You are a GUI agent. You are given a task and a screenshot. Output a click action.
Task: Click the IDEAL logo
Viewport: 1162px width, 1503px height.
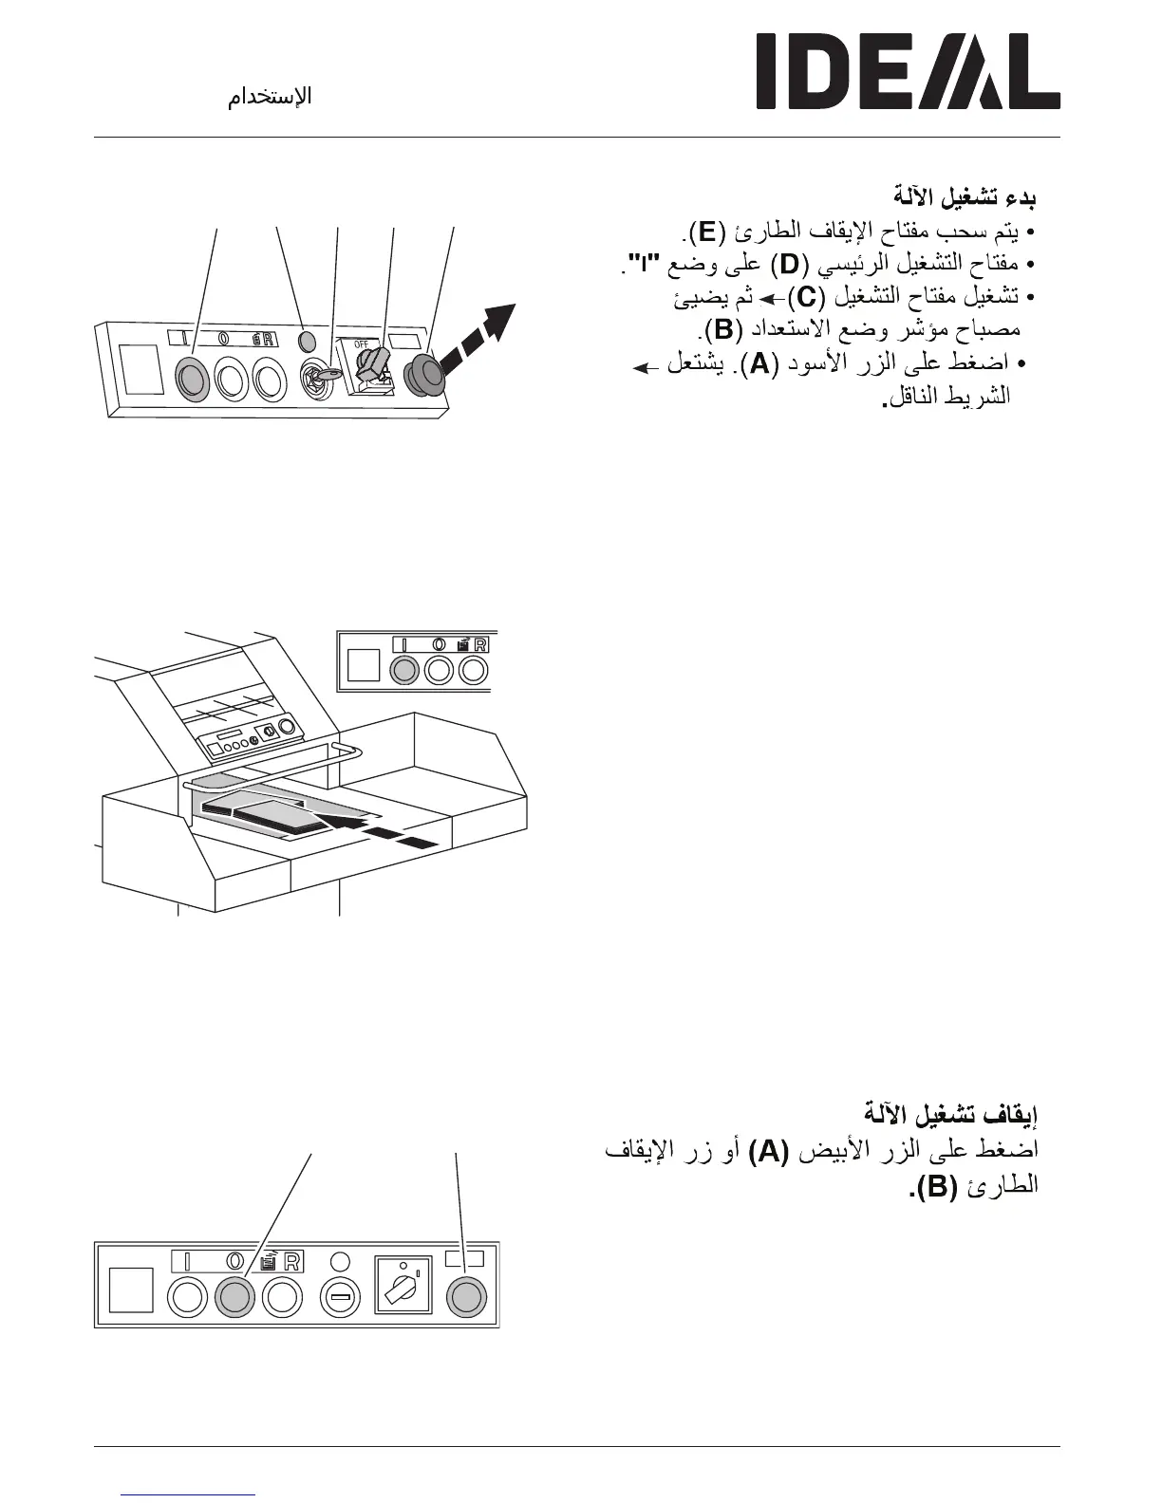(907, 72)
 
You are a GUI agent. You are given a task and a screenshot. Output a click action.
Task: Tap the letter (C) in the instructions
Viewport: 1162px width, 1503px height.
(805, 297)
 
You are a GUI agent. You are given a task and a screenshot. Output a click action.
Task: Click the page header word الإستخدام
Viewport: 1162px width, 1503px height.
(270, 97)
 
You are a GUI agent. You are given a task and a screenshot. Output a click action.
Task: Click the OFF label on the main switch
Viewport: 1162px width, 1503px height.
(361, 344)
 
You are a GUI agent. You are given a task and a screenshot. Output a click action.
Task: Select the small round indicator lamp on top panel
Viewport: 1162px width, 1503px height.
(306, 340)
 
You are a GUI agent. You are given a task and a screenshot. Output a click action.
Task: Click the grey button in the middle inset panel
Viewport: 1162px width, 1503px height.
(404, 670)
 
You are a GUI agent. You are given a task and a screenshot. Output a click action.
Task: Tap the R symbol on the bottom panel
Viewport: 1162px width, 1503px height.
(291, 1261)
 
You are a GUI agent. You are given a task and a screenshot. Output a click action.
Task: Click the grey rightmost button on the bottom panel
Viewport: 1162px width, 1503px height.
(465, 1296)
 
